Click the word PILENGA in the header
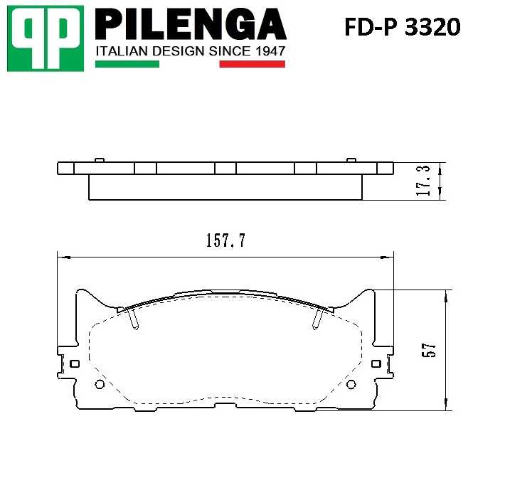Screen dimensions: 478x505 click(x=190, y=24)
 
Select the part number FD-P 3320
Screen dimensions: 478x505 click(x=403, y=27)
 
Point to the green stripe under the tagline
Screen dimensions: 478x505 click(x=127, y=64)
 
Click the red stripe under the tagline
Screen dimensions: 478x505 click(x=252, y=64)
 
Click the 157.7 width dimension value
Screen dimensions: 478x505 click(x=225, y=240)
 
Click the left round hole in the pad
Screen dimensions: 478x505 click(x=100, y=385)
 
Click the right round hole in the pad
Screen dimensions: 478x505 click(x=350, y=385)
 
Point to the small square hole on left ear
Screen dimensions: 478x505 click(x=73, y=363)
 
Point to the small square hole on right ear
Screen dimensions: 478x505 click(x=376, y=363)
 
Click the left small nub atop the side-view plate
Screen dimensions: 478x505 click(x=100, y=159)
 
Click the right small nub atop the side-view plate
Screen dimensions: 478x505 click(x=351, y=159)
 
